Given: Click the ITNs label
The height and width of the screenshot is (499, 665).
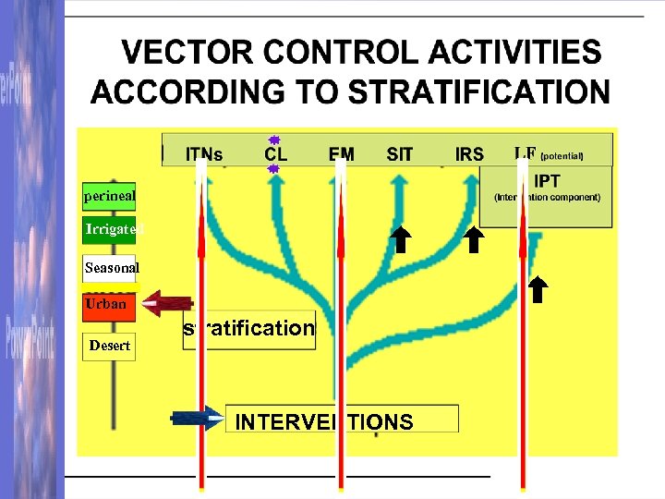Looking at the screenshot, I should tap(204, 153).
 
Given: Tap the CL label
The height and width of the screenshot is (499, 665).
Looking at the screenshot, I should tap(275, 153).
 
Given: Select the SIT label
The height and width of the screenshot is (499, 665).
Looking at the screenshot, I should tap(399, 153).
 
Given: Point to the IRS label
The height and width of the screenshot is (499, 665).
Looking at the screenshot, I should tap(469, 153).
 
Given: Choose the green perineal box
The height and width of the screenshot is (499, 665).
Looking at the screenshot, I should tap(109, 195).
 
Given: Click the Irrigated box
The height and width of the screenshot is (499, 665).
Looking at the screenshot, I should tap(110, 229).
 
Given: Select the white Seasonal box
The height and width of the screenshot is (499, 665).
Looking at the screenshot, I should tap(110, 268).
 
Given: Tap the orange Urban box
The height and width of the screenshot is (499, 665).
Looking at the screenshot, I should tap(108, 304).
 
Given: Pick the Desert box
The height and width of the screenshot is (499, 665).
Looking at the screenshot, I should tap(109, 346).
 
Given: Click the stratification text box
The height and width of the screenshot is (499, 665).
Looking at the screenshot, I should tap(249, 329).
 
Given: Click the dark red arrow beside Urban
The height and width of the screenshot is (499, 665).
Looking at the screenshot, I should tap(168, 303).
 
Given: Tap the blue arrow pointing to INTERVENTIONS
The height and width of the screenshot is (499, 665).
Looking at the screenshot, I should tap(197, 418).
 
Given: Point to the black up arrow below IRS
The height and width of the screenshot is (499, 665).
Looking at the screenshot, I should tap(473, 239).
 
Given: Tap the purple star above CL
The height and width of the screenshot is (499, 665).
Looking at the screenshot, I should tap(274, 139).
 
